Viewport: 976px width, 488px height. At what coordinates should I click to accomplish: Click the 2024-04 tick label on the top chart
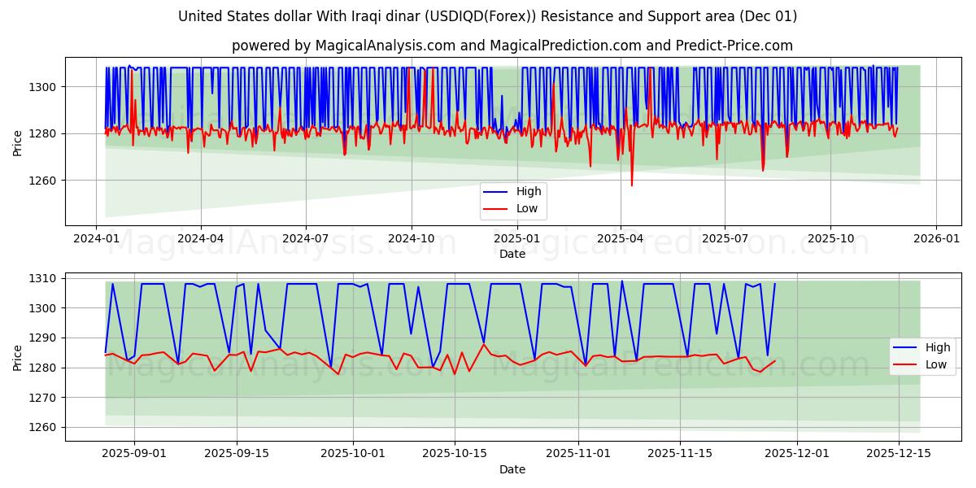(x=201, y=238)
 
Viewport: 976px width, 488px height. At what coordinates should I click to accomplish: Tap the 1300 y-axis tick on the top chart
(x=46, y=87)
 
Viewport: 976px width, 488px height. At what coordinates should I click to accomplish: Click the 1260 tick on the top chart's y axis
(x=46, y=181)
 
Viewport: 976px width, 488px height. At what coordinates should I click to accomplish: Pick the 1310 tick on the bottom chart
(x=46, y=278)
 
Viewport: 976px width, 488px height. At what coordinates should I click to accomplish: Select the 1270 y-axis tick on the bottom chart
(x=46, y=398)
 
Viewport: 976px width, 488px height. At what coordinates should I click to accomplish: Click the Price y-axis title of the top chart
(x=18, y=142)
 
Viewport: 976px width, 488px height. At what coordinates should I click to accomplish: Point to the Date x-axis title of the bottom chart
(x=512, y=469)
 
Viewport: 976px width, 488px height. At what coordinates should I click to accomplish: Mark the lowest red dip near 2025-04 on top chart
(x=632, y=185)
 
